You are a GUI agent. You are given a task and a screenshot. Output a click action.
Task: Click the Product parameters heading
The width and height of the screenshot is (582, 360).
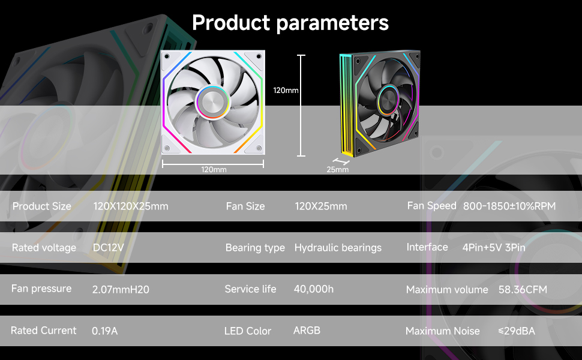tap(290, 23)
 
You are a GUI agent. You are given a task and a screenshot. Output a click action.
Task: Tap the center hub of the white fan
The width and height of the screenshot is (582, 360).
tap(213, 101)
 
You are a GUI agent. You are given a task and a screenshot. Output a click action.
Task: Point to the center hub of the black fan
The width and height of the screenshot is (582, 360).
tap(388, 99)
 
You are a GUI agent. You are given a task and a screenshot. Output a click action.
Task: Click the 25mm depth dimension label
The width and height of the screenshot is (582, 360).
tap(337, 170)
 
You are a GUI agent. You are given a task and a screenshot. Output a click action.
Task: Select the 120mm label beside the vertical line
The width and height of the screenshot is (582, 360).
tap(286, 91)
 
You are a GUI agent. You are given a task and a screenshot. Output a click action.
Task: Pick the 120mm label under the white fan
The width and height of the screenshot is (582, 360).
tap(214, 170)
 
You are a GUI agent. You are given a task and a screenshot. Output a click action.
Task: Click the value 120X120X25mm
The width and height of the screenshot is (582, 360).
tap(131, 206)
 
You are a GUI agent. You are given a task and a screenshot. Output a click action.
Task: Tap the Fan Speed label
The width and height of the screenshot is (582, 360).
tap(431, 206)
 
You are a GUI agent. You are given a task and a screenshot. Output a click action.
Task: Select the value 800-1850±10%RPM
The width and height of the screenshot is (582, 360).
tap(509, 206)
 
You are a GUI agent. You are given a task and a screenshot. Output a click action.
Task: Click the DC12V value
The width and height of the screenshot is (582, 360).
tap(109, 248)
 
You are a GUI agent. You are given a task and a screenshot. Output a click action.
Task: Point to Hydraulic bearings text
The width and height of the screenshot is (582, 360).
tap(338, 248)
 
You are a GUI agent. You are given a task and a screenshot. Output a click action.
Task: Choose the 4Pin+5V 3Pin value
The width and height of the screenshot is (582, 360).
tap(494, 248)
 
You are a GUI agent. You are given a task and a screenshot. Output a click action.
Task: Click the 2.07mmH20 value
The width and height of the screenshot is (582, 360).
tap(121, 290)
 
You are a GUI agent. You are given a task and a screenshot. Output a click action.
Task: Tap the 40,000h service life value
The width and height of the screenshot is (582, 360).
tap(313, 289)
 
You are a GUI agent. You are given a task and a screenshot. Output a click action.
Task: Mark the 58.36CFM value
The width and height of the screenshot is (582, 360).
tap(523, 290)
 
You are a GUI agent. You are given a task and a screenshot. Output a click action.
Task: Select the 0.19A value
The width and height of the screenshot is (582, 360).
tap(104, 331)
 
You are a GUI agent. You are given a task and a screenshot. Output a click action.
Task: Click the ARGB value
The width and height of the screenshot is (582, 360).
tap(307, 331)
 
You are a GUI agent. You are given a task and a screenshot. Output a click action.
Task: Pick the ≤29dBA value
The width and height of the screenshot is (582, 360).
tap(516, 331)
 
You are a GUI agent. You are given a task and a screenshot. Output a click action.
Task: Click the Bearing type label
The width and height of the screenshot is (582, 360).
tap(255, 248)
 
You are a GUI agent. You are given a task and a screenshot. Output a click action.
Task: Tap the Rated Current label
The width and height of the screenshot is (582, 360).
tap(44, 331)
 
